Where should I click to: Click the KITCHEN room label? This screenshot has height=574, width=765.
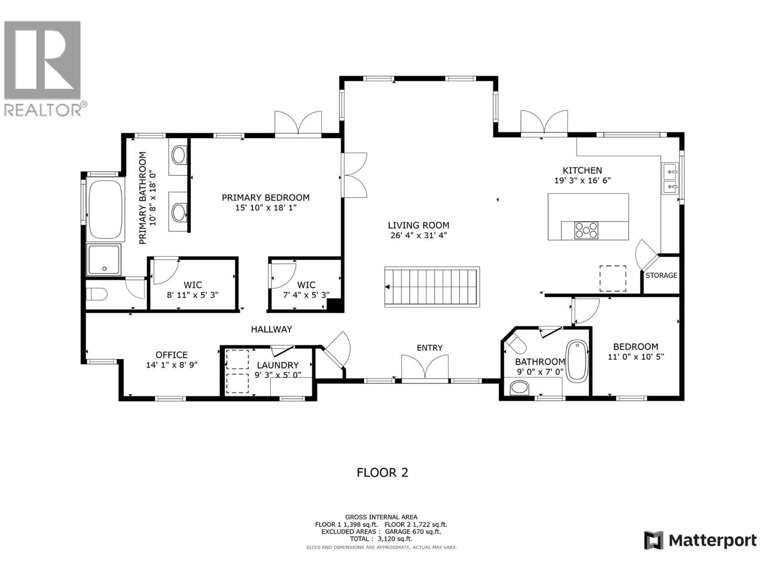coord(582,170)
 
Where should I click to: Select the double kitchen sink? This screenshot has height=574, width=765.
coord(670,178)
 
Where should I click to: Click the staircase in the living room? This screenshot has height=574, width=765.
coord(431,287)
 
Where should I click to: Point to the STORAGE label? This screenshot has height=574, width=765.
coord(661,276)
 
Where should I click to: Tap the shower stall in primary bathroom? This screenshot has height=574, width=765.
coord(104,260)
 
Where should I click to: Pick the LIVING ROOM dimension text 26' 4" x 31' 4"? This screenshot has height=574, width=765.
coord(418,235)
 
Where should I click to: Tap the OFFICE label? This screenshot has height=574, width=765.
coord(172,355)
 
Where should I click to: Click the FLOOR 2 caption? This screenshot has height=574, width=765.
coord(382,473)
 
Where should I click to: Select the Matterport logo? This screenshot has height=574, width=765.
coord(700,541)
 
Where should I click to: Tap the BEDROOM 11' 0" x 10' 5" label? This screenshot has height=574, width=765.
coord(635,352)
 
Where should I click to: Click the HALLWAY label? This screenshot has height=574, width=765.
coord(272,329)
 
